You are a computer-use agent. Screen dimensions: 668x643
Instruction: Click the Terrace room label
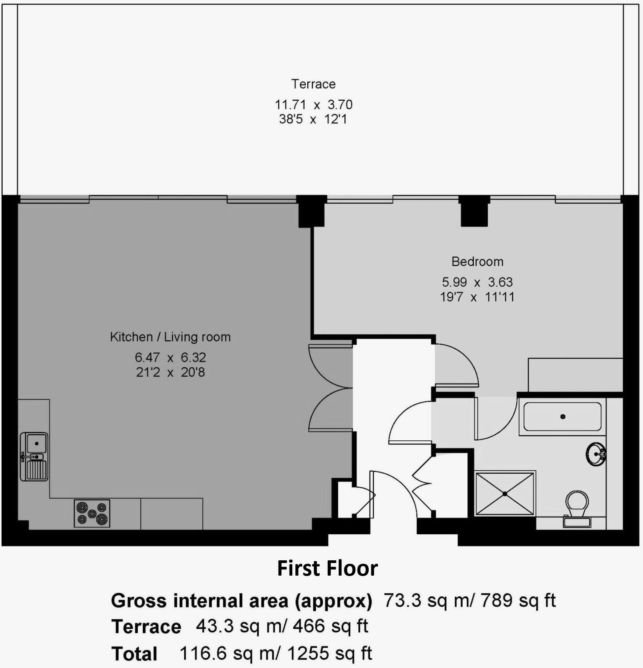pos(313,84)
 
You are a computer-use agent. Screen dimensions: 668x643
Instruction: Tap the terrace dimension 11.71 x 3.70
pos(313,105)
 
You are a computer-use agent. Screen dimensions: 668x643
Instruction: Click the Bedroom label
pos(477,262)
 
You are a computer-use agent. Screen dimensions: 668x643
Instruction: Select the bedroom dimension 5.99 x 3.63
pos(477,282)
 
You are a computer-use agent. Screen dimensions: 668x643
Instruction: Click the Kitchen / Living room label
pos(170,337)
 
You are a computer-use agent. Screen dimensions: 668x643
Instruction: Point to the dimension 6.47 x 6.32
pos(170,358)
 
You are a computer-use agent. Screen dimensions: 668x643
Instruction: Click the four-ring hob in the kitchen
pos(92,513)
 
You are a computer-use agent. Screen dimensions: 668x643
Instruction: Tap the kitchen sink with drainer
pos(34,456)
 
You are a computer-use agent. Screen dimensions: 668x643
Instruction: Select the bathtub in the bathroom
pos(562,417)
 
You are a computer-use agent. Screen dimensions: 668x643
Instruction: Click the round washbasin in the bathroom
pos(596,455)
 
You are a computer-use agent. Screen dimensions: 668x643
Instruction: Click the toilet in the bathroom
pos(577,508)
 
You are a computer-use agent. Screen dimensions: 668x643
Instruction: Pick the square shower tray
pos(505,494)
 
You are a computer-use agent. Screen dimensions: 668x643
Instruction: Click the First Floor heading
pos(327,568)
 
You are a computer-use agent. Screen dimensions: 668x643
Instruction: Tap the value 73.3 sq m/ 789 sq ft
pos(470,600)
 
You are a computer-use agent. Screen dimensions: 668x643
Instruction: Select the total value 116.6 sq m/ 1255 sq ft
pos(275,653)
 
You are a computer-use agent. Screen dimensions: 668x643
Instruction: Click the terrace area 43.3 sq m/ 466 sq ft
pos(282,626)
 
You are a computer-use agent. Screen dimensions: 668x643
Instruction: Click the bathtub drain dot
pos(563,417)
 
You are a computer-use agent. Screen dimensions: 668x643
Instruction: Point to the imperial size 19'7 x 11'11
pos(477,297)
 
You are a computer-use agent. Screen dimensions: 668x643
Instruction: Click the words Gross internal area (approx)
pos(242,601)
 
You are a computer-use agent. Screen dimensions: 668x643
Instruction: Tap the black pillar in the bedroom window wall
pos(474,212)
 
